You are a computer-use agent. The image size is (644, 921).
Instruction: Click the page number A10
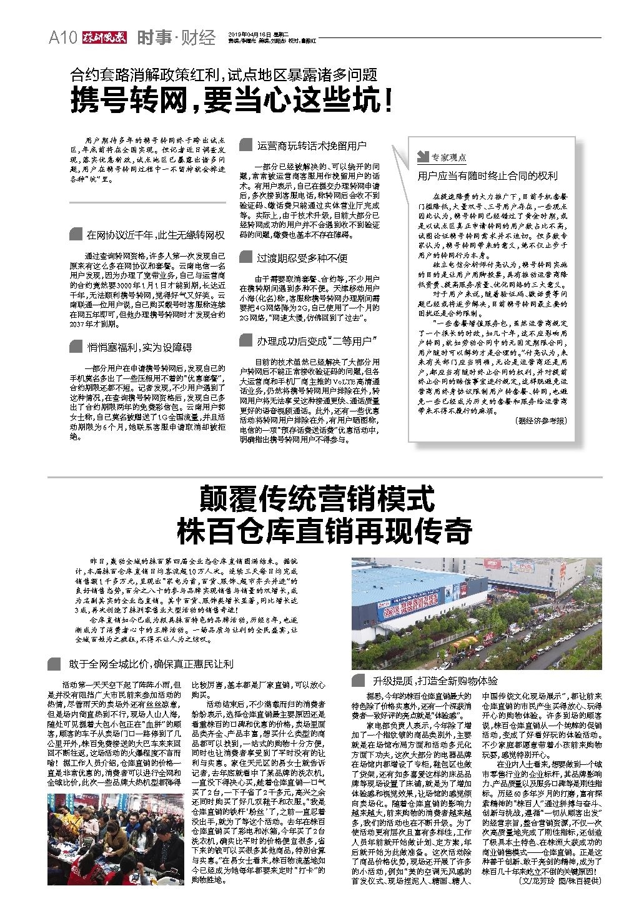[x=62, y=38]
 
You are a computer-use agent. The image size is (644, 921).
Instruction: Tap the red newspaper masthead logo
[x=102, y=38]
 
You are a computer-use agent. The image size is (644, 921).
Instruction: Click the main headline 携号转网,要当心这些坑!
[x=232, y=101]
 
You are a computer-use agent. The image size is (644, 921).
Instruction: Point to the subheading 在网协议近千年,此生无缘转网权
[x=156, y=235]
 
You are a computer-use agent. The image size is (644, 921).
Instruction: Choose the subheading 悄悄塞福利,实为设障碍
[x=139, y=347]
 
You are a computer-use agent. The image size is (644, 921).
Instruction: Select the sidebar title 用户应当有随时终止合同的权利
[x=487, y=176]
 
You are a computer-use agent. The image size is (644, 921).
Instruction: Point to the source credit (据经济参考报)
[x=541, y=421]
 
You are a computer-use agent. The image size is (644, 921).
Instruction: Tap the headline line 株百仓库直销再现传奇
[x=324, y=531]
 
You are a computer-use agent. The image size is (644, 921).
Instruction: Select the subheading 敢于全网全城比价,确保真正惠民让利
[x=151, y=663]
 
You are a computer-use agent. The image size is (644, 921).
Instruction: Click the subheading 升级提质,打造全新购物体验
[x=435, y=681]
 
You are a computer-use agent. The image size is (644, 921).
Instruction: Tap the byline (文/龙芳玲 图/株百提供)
[x=560, y=881]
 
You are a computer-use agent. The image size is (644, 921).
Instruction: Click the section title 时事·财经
[x=177, y=38]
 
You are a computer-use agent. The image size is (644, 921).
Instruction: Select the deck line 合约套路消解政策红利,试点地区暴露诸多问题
[x=224, y=75]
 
